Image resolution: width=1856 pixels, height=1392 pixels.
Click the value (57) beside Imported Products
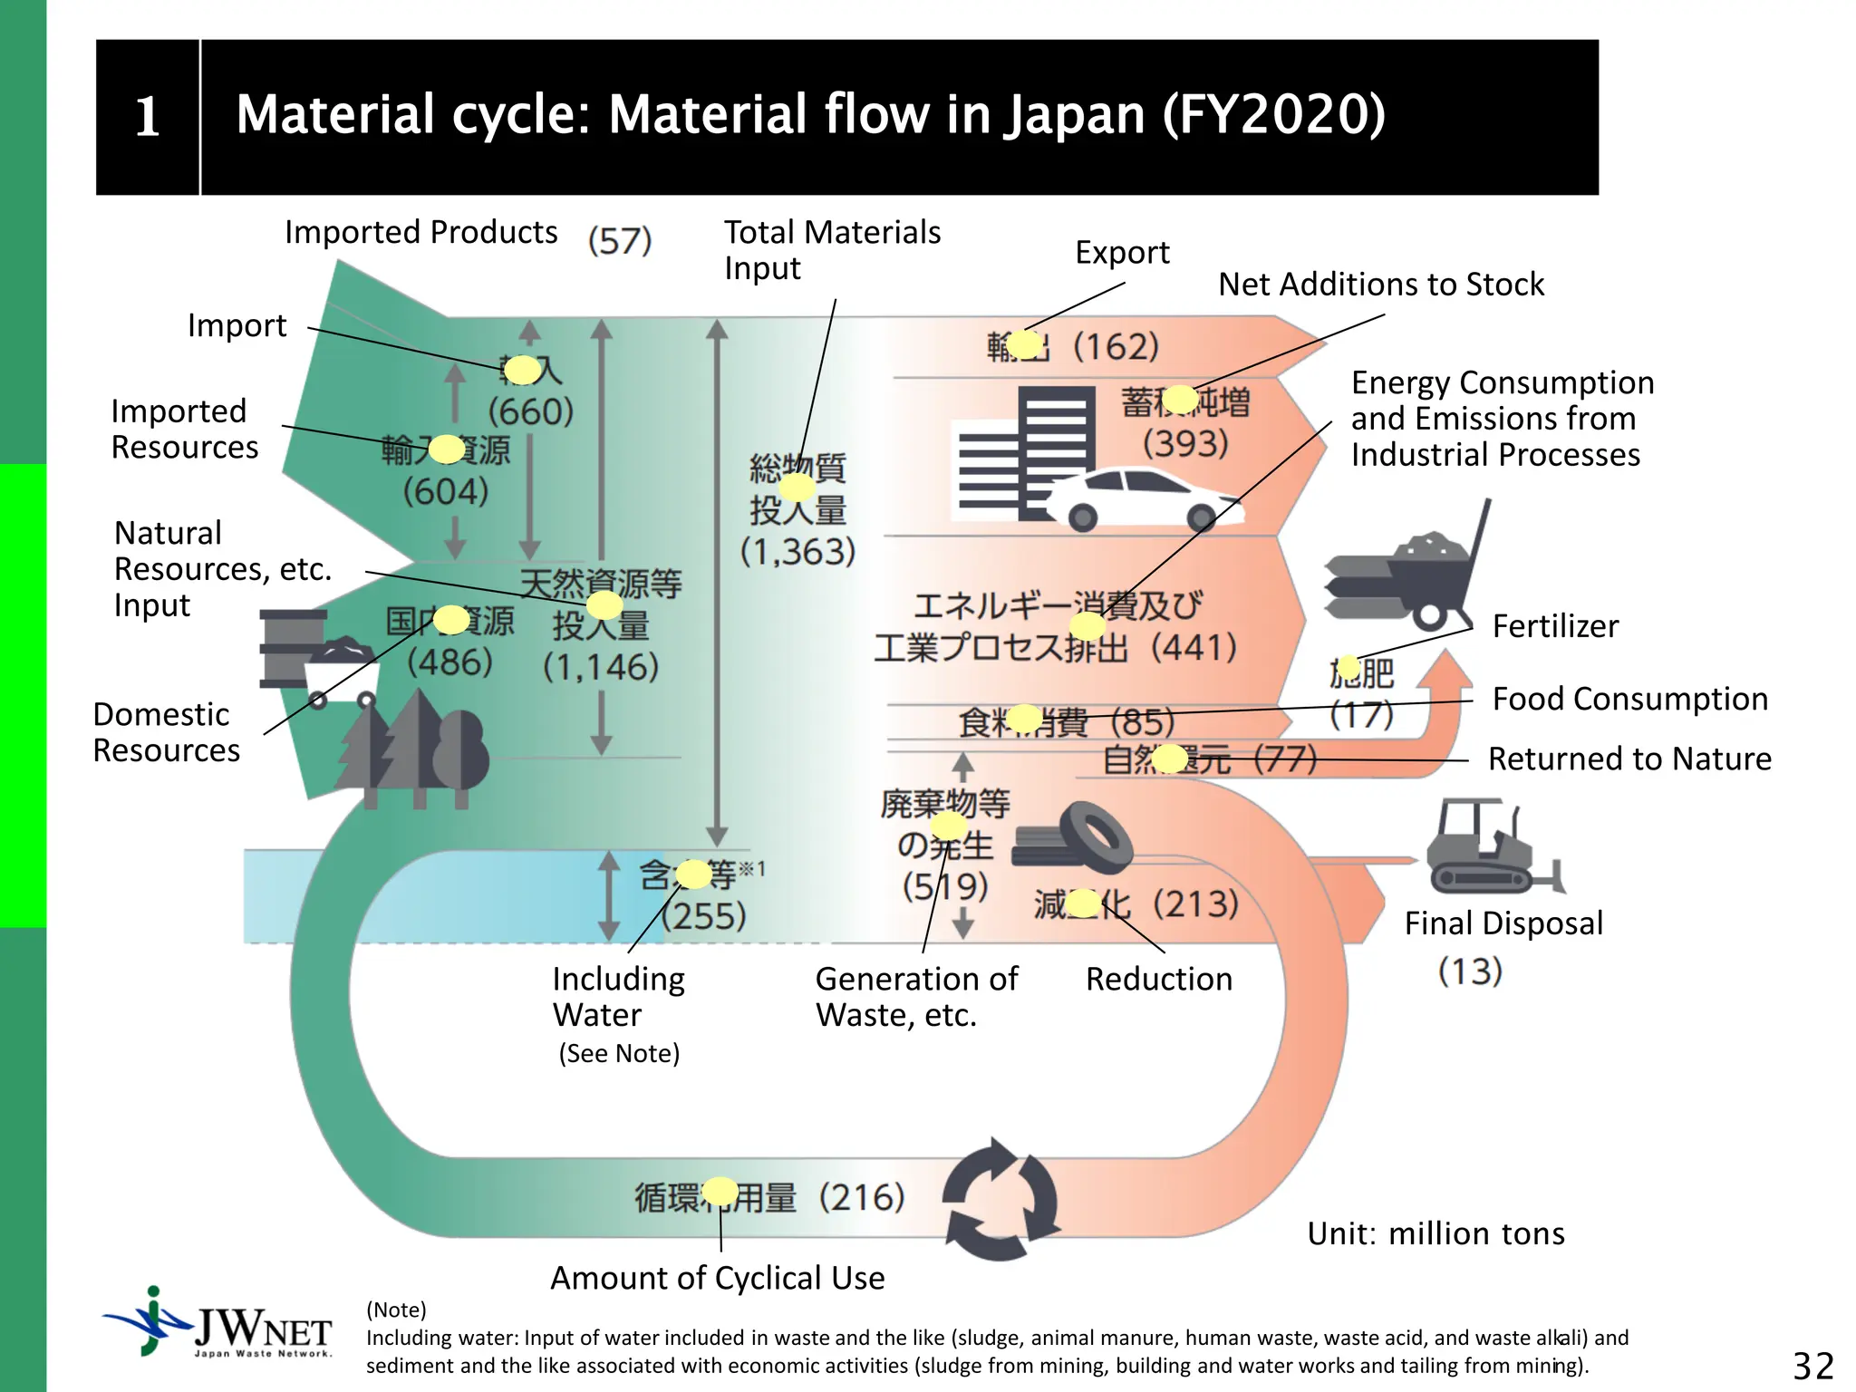(x=620, y=241)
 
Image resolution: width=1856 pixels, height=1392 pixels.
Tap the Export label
(x=1122, y=252)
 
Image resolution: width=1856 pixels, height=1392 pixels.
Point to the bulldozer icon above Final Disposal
(x=1492, y=848)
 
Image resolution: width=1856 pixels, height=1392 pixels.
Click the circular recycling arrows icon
(x=1000, y=1200)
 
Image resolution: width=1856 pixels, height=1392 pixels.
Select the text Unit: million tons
(x=1435, y=1233)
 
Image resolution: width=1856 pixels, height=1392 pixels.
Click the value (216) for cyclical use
(x=862, y=1198)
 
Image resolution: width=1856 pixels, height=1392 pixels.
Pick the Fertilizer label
(x=1555, y=626)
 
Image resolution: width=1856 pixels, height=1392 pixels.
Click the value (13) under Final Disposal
(x=1470, y=971)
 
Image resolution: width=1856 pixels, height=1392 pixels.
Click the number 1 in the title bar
(x=147, y=117)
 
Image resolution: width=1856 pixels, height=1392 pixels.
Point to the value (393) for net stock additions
(x=1185, y=444)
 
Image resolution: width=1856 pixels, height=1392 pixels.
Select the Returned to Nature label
(x=1629, y=759)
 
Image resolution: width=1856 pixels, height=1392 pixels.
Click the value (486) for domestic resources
(x=449, y=662)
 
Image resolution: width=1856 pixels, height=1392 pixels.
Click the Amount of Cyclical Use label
(x=717, y=1278)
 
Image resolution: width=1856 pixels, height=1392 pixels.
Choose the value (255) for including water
(x=704, y=916)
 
